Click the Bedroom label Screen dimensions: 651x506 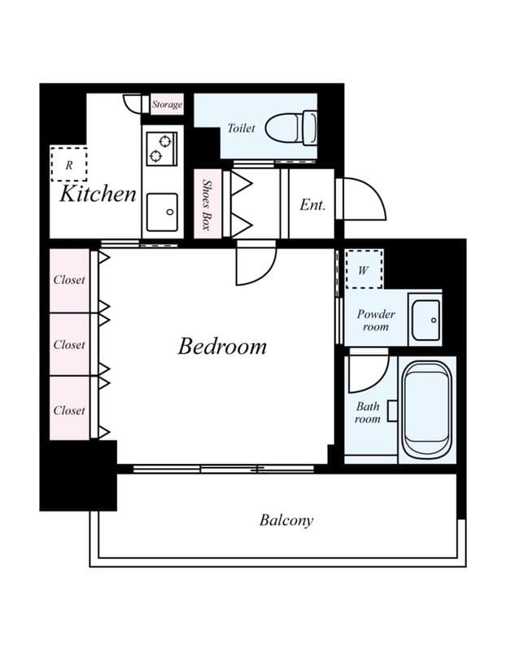point(222,346)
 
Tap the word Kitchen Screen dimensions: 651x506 point(98,194)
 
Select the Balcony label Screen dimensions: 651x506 point(286,520)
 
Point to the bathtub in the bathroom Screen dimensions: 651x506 point(425,410)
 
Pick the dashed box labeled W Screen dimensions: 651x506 point(363,269)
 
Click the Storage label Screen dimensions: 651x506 point(167,105)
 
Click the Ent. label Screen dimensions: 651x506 point(312,205)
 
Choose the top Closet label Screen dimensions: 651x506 point(69,280)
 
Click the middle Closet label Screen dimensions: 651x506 point(69,345)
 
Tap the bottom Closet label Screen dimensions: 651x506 point(69,410)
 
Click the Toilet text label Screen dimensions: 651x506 point(241,129)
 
